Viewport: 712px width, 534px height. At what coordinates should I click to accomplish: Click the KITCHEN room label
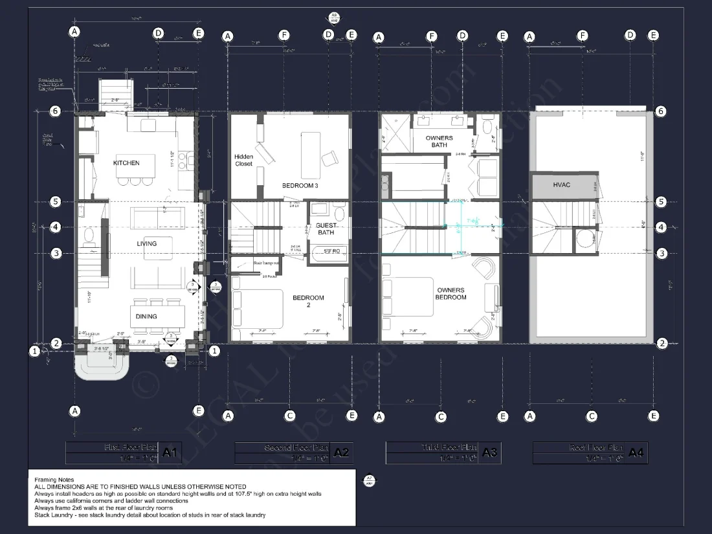point(126,163)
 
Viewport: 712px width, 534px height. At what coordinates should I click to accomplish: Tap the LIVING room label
point(147,243)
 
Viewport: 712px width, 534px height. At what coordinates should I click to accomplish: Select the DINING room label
point(146,317)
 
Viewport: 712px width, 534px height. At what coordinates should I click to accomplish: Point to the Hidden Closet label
point(244,160)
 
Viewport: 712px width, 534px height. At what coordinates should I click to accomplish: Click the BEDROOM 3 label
point(300,186)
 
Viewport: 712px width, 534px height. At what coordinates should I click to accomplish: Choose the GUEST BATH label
point(326,228)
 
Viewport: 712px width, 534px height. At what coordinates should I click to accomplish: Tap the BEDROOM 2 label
point(308,302)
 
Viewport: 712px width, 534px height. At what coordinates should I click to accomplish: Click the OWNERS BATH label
point(439,141)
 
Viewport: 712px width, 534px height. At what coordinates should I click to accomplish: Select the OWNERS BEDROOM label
point(451,293)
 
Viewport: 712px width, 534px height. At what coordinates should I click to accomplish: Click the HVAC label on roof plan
point(562,185)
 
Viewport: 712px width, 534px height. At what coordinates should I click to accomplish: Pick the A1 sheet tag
point(170,453)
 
